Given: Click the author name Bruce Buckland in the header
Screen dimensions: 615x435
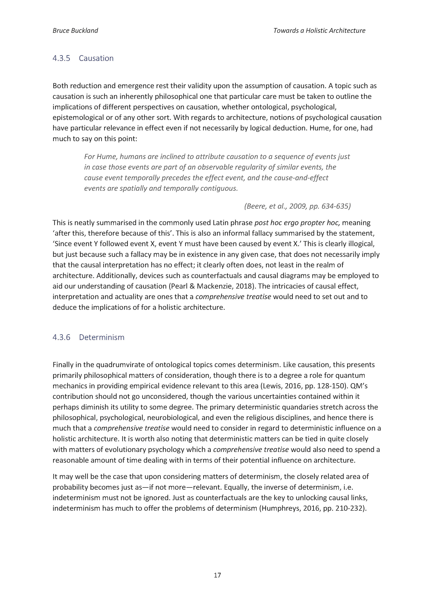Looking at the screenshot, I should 75,31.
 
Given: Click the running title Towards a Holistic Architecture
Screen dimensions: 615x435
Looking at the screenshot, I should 319,31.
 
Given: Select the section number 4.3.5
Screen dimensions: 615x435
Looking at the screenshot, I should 61,58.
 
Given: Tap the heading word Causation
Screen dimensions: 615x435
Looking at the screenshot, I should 96,58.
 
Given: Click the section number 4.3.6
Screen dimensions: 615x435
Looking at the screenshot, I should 61,337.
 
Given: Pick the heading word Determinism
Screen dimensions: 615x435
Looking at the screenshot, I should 101,337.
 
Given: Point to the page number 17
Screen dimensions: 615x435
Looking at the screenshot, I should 217,575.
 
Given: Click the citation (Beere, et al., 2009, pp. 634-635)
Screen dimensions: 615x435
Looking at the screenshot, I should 297,206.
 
